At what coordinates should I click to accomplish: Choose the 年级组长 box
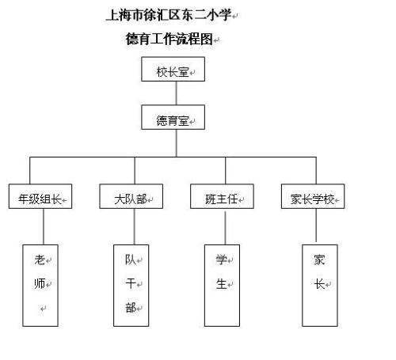40,198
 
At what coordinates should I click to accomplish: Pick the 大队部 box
131,198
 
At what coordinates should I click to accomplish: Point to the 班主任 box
223,198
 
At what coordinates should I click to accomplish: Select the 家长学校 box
312,198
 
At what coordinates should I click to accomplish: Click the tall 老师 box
40,285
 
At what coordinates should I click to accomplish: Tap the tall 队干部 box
131,285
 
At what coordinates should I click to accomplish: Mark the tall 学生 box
223,285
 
